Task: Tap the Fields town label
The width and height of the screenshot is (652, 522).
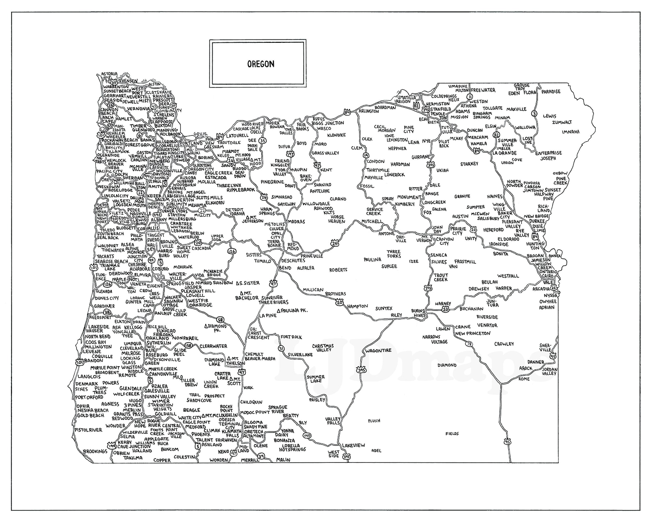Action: click(x=452, y=434)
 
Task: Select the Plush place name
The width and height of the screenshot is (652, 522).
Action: click(x=374, y=420)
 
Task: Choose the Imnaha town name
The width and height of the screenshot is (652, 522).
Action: click(x=571, y=132)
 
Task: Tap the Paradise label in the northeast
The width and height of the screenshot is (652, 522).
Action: click(x=551, y=92)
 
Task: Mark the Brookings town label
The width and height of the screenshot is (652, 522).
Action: click(x=95, y=451)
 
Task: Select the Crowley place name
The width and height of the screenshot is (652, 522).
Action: click(x=504, y=344)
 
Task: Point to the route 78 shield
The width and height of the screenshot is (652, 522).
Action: click(x=469, y=343)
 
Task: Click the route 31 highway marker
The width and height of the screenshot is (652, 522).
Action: click(x=281, y=349)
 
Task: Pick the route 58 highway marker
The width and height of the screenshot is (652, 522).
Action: click(x=220, y=319)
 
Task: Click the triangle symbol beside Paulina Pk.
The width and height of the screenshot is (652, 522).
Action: click(x=279, y=310)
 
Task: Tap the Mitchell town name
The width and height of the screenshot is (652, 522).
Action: click(x=372, y=222)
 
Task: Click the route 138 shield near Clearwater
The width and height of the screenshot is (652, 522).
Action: click(x=188, y=345)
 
